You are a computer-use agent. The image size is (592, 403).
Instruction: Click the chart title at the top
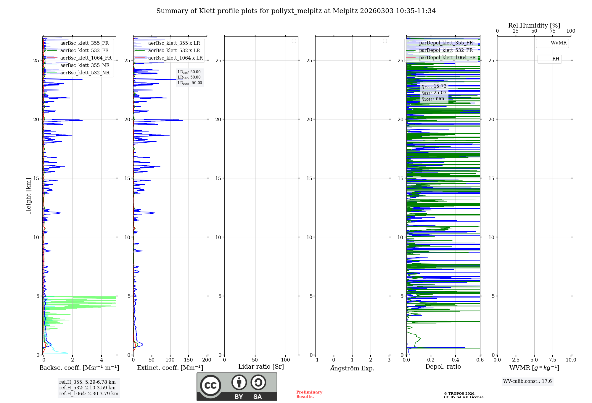coord(296,11)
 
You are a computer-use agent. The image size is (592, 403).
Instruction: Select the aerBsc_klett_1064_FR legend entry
coord(86,58)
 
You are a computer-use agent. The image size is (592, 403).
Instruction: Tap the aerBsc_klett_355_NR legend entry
coord(85,65)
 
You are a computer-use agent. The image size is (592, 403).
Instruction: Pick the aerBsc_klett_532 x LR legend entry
coord(174,50)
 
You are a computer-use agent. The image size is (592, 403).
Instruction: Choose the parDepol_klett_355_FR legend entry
coord(446,43)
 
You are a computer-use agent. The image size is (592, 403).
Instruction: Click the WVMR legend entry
coord(558,43)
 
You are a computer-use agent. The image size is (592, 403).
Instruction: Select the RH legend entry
coord(555,59)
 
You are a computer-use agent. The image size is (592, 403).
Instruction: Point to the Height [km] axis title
coord(28,196)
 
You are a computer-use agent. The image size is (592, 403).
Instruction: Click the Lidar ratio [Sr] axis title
coord(261,367)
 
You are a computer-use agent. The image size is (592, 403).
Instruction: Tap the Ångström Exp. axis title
coord(352,368)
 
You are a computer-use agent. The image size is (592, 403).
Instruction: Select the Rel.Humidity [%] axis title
coord(534,25)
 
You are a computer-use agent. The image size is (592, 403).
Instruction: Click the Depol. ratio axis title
coord(443,367)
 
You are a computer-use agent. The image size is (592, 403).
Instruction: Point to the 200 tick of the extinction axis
coord(207,360)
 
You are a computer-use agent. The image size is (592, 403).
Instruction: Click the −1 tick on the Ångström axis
coord(315,360)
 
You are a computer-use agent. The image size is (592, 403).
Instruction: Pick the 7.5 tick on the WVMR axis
coord(553,360)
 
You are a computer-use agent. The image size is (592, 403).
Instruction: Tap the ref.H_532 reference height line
coord(87,388)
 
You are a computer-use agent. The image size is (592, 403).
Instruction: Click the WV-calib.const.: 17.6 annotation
coord(527,381)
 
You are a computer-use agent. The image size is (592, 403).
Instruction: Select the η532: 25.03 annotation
coord(434,93)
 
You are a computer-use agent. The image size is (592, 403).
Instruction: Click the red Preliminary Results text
coord(309,394)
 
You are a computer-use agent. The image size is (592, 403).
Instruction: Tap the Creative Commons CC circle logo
coord(210,386)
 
